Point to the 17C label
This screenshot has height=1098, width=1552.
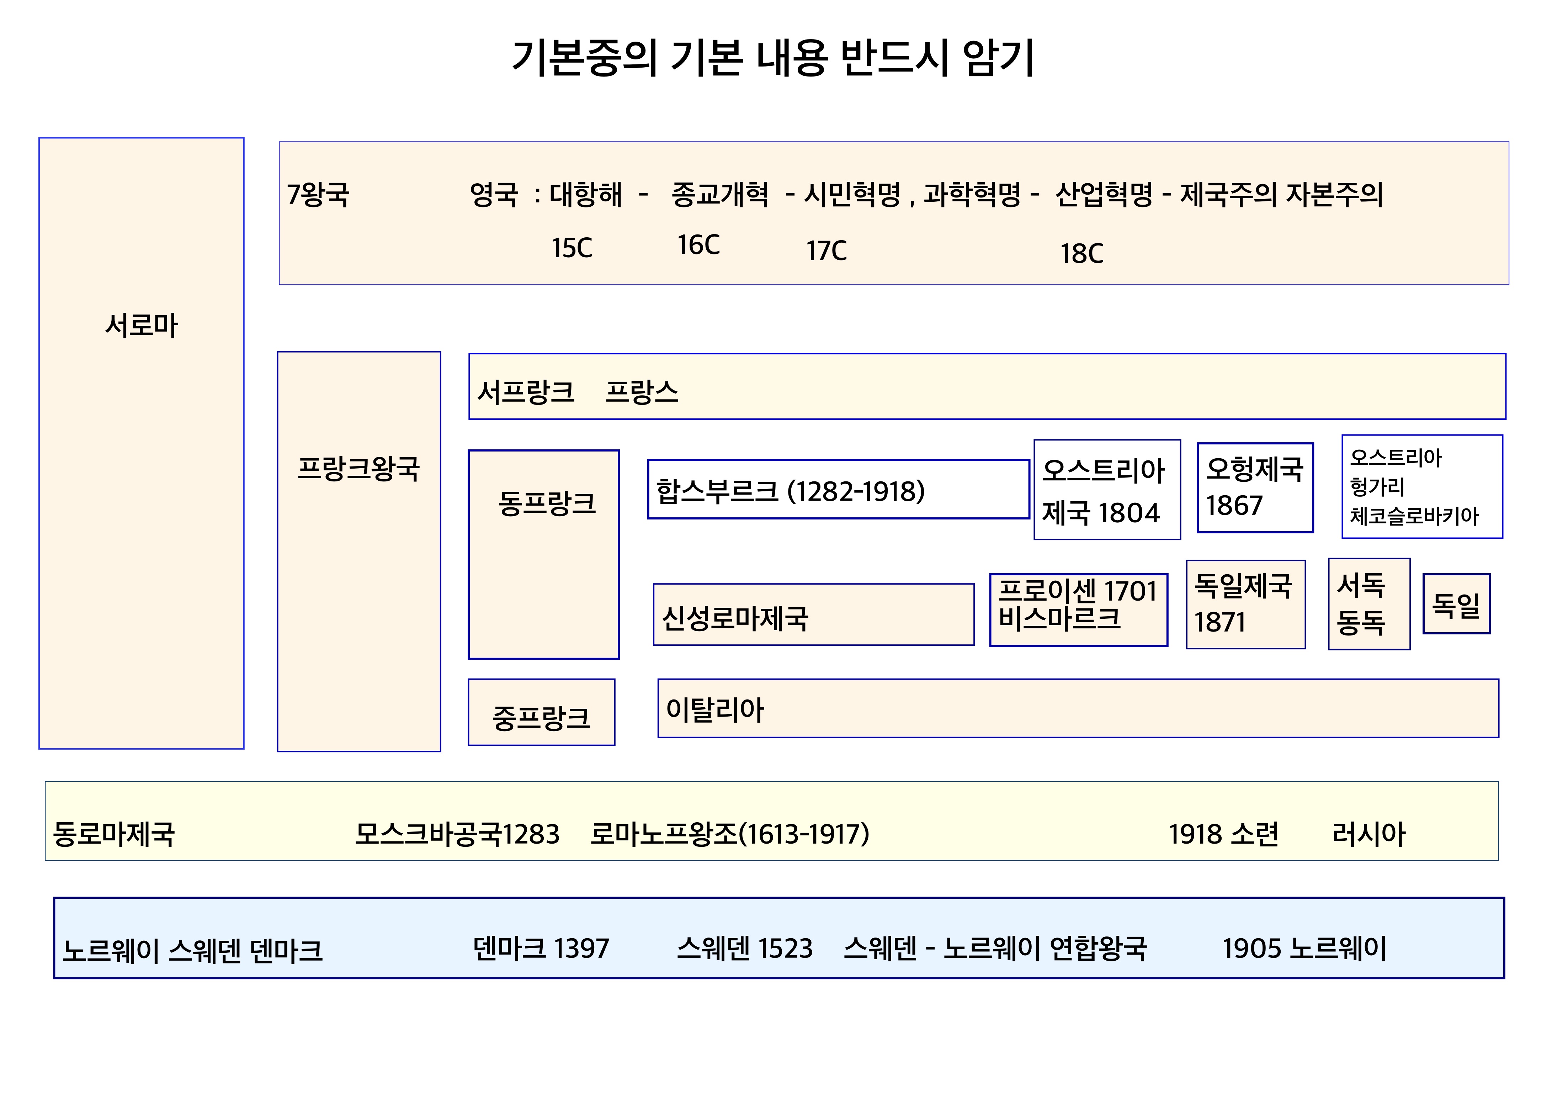[x=826, y=251]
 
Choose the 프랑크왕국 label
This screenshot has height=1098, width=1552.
[x=358, y=468]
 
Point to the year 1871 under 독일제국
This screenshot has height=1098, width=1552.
[x=1219, y=622]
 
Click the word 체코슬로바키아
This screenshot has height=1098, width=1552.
[x=1414, y=517]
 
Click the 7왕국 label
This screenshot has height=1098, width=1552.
[x=318, y=195]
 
